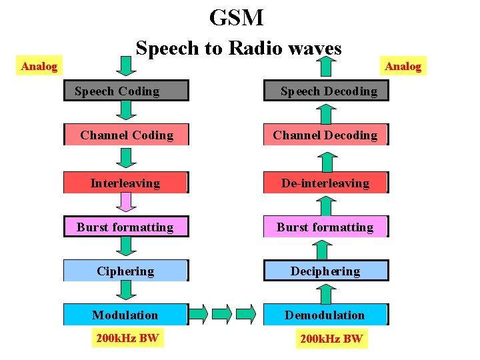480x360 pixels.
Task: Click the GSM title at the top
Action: click(237, 17)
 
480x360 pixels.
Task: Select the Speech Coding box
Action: click(125, 91)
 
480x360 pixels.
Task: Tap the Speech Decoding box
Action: click(326, 91)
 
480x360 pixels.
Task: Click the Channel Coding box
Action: click(126, 135)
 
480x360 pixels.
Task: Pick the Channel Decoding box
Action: click(325, 135)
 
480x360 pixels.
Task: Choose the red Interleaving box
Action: click(125, 183)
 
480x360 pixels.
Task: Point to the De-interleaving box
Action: click(325, 183)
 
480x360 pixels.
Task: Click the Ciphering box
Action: click(125, 271)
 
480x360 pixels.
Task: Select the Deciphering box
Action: click(325, 271)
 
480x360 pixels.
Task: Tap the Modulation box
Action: click(125, 315)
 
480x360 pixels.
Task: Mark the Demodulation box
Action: click(325, 315)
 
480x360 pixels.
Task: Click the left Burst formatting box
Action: click(125, 227)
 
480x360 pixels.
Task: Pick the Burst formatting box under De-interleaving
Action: click(325, 227)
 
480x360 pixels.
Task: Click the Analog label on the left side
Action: click(39, 65)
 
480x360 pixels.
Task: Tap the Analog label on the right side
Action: click(403, 65)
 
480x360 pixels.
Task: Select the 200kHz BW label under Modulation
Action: click(127, 338)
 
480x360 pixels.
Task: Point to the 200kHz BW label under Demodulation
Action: click(331, 339)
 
